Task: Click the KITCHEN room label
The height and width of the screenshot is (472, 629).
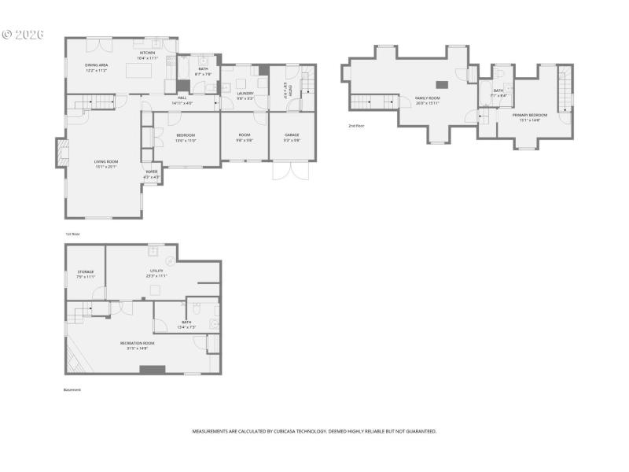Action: (148, 53)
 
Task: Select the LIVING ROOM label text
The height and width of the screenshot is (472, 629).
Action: (105, 162)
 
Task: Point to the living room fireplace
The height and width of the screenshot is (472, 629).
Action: (60, 153)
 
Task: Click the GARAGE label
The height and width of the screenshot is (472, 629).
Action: (291, 135)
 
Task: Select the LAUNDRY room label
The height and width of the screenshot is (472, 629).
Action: (245, 94)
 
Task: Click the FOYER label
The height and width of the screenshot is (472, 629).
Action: (152, 173)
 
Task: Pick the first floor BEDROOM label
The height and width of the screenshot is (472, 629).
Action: (186, 135)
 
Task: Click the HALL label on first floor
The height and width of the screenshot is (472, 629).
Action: (182, 98)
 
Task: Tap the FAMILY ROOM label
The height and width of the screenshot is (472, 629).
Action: (427, 98)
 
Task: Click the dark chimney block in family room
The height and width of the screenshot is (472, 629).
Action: (442, 84)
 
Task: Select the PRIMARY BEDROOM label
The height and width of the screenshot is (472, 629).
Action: (527, 116)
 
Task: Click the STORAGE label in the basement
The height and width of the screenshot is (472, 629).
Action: (85, 272)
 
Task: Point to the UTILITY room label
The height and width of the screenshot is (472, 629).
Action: (156, 271)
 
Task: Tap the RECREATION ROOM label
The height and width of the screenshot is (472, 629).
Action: (137, 343)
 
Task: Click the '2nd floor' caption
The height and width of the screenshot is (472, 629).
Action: (357, 126)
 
